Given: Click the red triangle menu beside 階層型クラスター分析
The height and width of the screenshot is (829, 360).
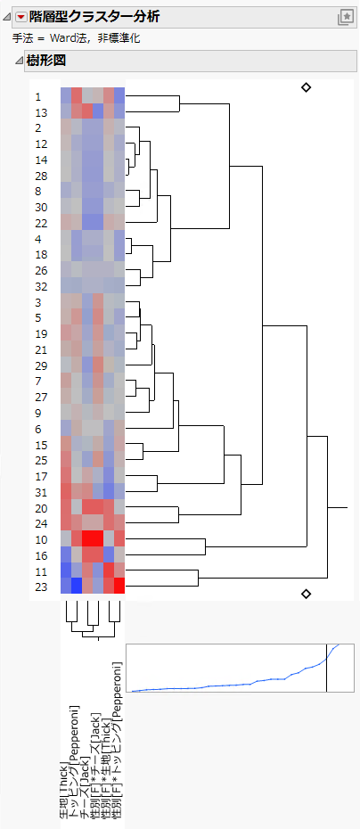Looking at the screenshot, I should coord(21,16).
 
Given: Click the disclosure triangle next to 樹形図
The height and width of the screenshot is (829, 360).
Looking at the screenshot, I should coord(19,61).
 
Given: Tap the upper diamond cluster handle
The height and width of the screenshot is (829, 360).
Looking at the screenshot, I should coord(306,87).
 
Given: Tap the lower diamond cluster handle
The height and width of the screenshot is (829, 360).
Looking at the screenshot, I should coord(306,594).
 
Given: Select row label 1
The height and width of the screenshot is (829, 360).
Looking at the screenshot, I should coord(38,96).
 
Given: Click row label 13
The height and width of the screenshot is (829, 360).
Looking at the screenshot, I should coord(41,112).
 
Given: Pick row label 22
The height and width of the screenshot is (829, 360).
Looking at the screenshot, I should coord(41,223).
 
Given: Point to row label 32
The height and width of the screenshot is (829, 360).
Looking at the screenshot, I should coord(41,286).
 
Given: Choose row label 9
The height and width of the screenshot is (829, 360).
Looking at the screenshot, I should coord(38,413).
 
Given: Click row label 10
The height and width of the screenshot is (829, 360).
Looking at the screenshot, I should coord(41,539).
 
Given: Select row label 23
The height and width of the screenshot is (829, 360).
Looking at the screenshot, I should coord(41,587).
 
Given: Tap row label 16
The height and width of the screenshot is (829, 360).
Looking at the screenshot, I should coord(41,555).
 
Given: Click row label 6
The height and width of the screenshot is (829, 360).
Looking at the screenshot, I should coord(38,429).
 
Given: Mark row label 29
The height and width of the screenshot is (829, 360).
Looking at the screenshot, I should coord(41,365).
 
